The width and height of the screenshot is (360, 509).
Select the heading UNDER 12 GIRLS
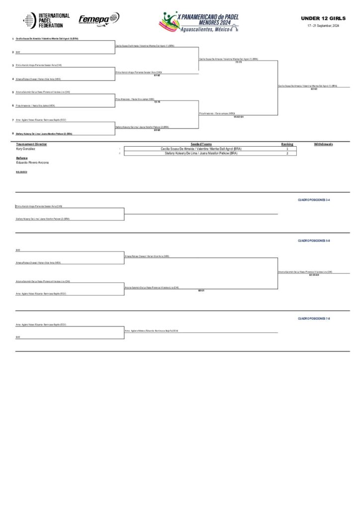pyautogui.click(x=321, y=18)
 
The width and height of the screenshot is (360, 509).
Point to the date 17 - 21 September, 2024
pyautogui.click(x=323, y=25)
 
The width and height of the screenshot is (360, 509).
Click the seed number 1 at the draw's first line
pyautogui.click(x=12, y=39)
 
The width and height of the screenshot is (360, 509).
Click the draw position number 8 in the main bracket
pyautogui.click(x=12, y=133)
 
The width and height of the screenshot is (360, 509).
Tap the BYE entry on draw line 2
pyautogui.click(x=17, y=52)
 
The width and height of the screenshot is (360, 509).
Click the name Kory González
pyautogui.click(x=26, y=149)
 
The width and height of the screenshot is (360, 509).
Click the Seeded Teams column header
pyautogui.click(x=201, y=144)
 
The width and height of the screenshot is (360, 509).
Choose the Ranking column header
pyautogui.click(x=287, y=144)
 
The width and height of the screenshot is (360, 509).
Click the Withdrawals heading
pyautogui.click(x=323, y=144)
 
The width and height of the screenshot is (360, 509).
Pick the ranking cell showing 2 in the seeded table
pyautogui.click(x=287, y=154)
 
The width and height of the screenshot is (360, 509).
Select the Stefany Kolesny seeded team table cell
pyautogui.click(x=201, y=154)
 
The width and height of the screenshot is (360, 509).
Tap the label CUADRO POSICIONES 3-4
pyautogui.click(x=314, y=199)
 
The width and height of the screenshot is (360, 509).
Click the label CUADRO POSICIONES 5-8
pyautogui.click(x=314, y=240)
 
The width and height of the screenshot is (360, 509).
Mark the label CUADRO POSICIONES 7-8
pyautogui.click(x=314, y=318)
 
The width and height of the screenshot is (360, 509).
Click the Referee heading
pyautogui.click(x=22, y=158)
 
